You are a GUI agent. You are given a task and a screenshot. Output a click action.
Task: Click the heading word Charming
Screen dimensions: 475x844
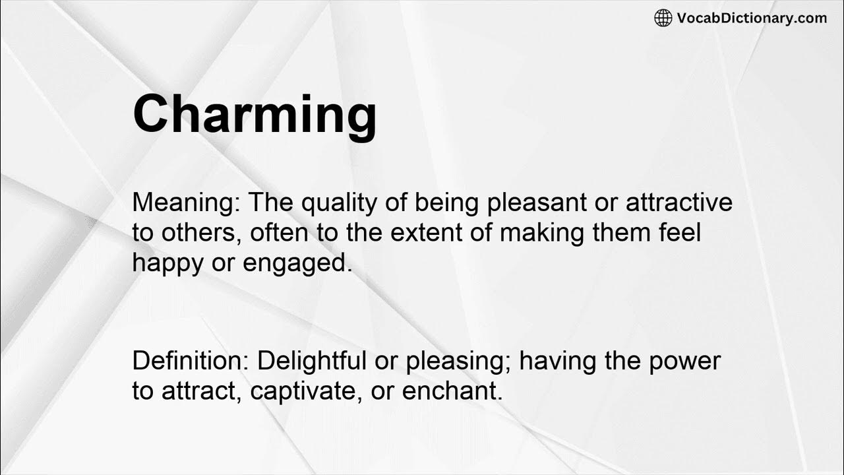point(255,114)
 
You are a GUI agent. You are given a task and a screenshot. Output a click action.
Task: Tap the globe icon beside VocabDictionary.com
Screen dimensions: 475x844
point(663,18)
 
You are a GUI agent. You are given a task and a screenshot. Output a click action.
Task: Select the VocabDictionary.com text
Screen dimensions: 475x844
point(752,18)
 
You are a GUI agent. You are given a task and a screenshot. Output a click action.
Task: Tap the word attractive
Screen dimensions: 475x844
point(678,203)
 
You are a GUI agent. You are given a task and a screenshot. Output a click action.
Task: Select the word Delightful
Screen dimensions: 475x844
point(312,361)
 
